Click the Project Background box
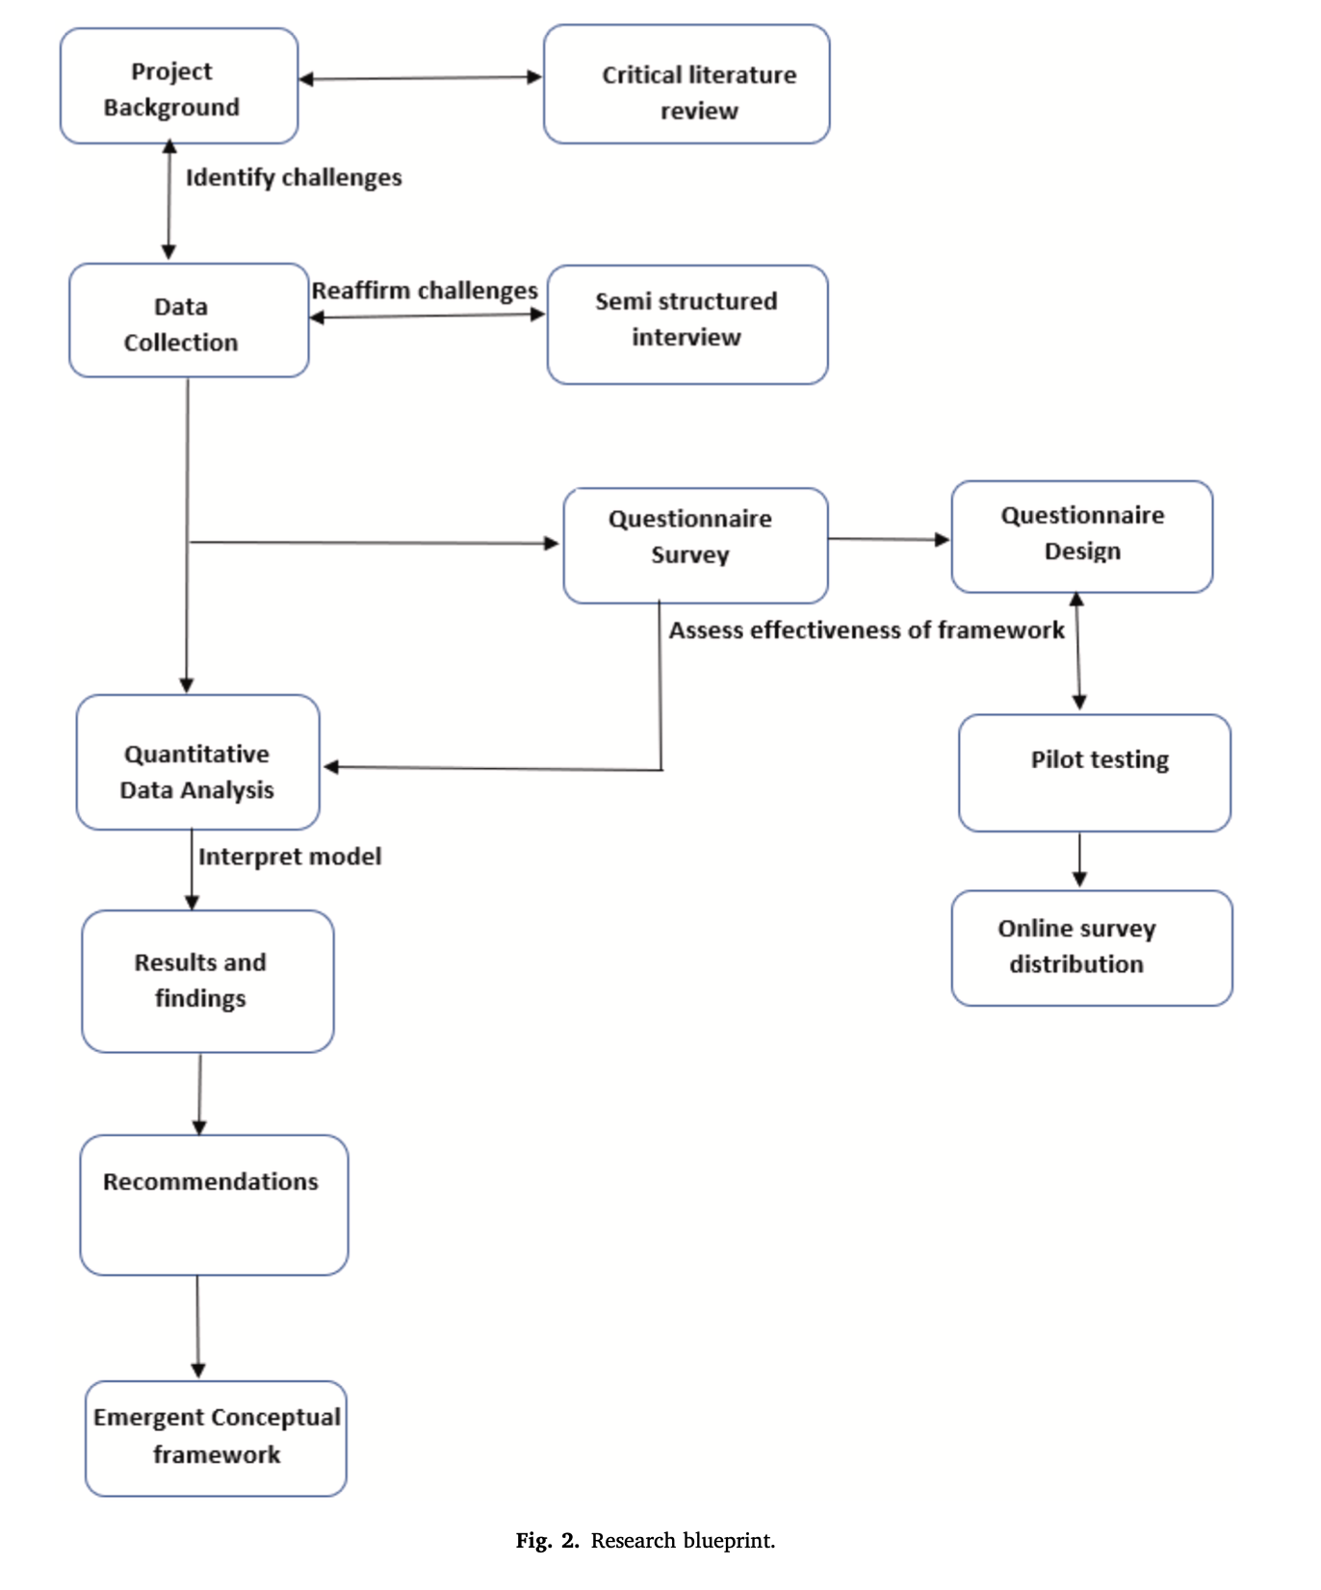[x=179, y=87]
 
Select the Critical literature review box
[x=686, y=86]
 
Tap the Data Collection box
[x=189, y=321]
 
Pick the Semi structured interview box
[x=687, y=325]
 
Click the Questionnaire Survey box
[x=695, y=546]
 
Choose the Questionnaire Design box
[x=1081, y=537]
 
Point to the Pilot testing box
[x=1094, y=773]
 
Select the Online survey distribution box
[x=1091, y=948]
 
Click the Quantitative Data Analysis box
[x=197, y=763]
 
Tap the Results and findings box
[x=207, y=982]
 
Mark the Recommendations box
[x=214, y=1205]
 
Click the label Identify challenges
[x=294, y=178]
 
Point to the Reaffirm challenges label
[x=424, y=291]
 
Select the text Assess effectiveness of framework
[x=867, y=630]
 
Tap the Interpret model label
[x=289, y=857]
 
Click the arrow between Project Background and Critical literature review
[x=421, y=78]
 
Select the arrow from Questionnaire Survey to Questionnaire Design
[x=889, y=539]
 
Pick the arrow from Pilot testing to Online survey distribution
[x=1079, y=860]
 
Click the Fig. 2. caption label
[x=547, y=1541]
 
